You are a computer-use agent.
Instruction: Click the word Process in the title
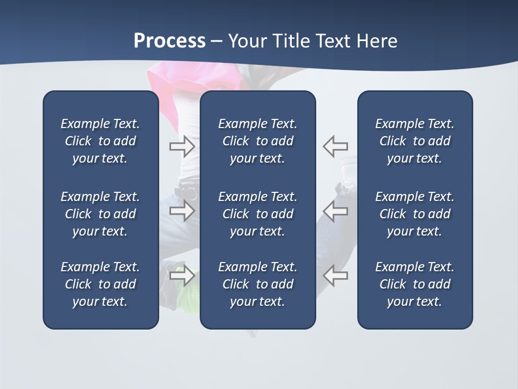pyautogui.click(x=169, y=41)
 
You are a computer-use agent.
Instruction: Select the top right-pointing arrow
pyautogui.click(x=182, y=146)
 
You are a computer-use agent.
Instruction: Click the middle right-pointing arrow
pyautogui.click(x=182, y=211)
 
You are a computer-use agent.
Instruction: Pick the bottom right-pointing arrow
pyautogui.click(x=182, y=276)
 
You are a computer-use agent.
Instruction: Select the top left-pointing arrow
pyautogui.click(x=335, y=146)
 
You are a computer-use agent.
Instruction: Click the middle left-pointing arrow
pyautogui.click(x=335, y=211)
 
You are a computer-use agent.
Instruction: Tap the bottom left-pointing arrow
pyautogui.click(x=335, y=276)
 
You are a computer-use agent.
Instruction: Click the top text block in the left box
pyautogui.click(x=100, y=141)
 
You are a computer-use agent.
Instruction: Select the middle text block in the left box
pyautogui.click(x=100, y=214)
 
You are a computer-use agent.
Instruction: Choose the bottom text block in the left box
pyautogui.click(x=100, y=284)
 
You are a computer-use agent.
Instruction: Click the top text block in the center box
pyautogui.click(x=257, y=141)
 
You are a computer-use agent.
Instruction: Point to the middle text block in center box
pyautogui.click(x=257, y=214)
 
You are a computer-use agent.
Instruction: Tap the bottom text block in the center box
pyautogui.click(x=257, y=284)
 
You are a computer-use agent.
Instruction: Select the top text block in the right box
pyautogui.click(x=414, y=141)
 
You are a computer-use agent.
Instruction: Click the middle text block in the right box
pyautogui.click(x=414, y=214)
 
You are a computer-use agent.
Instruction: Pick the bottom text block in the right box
pyautogui.click(x=414, y=284)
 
